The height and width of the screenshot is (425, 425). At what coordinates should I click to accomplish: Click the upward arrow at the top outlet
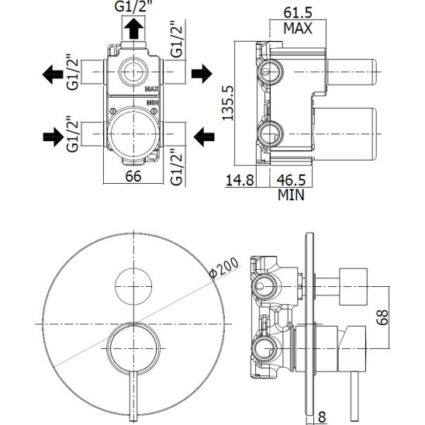click(x=133, y=29)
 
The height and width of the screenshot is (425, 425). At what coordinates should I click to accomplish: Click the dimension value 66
click(x=133, y=176)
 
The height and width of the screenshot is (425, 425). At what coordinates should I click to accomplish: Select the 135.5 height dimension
click(x=227, y=102)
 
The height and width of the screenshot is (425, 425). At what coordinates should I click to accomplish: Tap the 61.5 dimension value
click(x=298, y=12)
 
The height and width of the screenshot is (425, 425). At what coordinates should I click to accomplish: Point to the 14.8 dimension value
click(x=240, y=180)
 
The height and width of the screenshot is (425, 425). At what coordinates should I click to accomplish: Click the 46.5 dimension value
click(x=291, y=180)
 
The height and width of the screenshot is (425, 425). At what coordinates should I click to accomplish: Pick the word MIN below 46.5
click(x=291, y=195)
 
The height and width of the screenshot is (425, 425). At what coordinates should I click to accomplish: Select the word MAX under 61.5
click(x=298, y=28)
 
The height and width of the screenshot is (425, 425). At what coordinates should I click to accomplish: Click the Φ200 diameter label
click(x=224, y=268)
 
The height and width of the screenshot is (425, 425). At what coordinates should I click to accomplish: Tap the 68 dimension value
click(x=382, y=317)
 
